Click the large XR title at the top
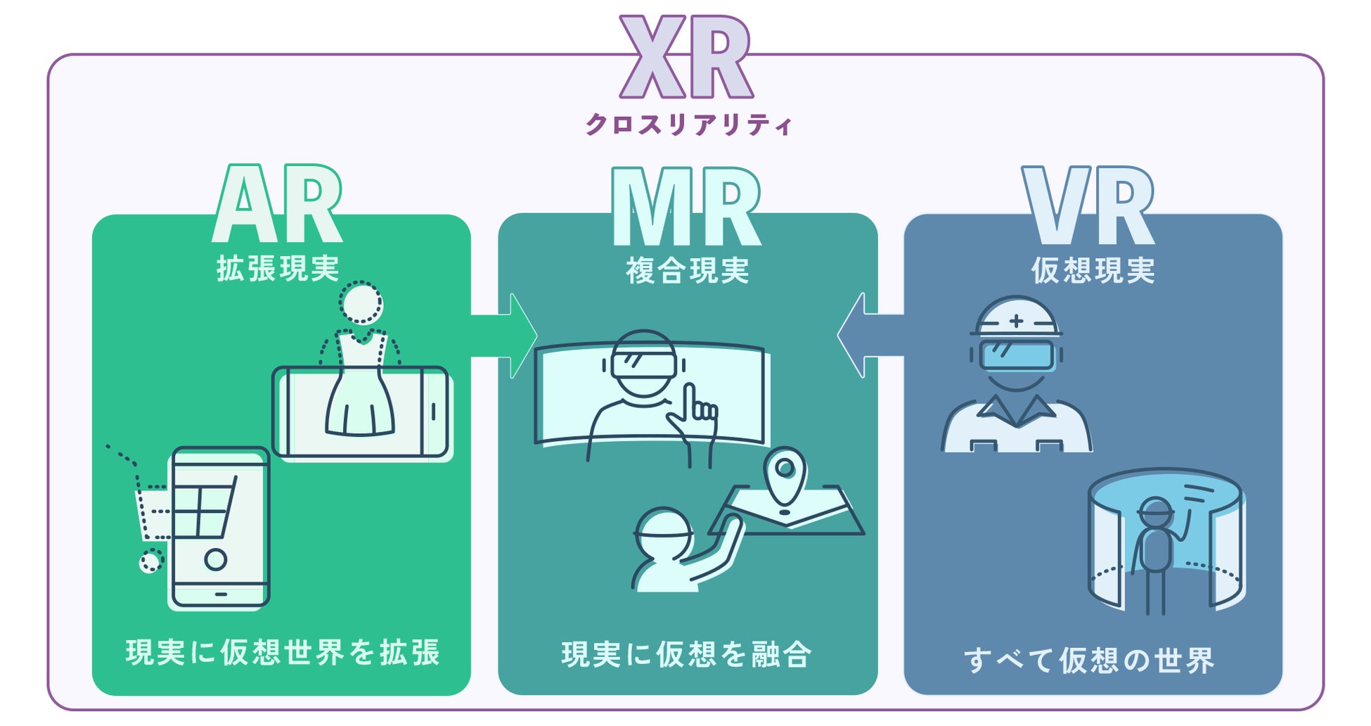pyautogui.click(x=686, y=58)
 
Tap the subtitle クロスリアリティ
pyautogui.click(x=688, y=125)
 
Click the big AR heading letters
pyautogui.click(x=278, y=205)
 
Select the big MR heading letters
pyautogui.click(x=686, y=207)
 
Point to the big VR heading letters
pyautogui.click(x=1088, y=207)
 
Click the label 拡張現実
pyautogui.click(x=278, y=269)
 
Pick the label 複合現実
pyautogui.click(x=687, y=271)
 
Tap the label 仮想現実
pyautogui.click(x=1093, y=271)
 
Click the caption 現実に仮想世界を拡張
pyautogui.click(x=283, y=653)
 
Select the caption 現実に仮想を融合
pyautogui.click(x=686, y=655)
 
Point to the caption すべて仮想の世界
pyautogui.click(x=1088, y=660)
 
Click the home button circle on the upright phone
pyautogui.click(x=216, y=559)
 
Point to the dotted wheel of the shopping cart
pyautogui.click(x=150, y=561)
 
